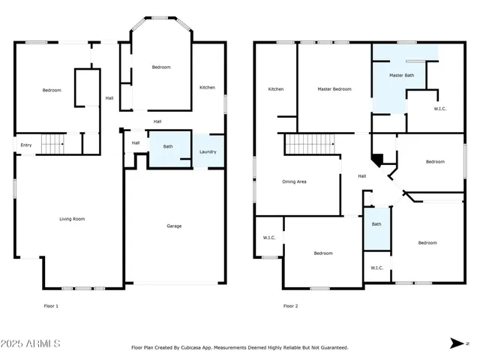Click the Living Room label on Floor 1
click(x=72, y=219)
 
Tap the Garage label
click(x=174, y=226)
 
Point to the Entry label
click(x=26, y=145)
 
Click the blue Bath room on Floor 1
click(x=169, y=147)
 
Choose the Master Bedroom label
click(x=334, y=89)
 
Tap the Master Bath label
click(x=401, y=76)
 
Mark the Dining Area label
click(x=294, y=181)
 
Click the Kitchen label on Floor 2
click(x=276, y=89)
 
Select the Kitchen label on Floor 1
click(x=207, y=88)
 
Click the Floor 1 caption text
click(x=51, y=306)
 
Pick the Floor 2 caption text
click(x=290, y=306)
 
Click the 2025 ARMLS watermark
click(x=31, y=343)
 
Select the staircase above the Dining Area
click(x=309, y=142)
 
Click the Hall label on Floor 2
click(x=361, y=176)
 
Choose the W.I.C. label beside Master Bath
click(x=440, y=109)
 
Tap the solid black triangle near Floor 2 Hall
click(x=379, y=160)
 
